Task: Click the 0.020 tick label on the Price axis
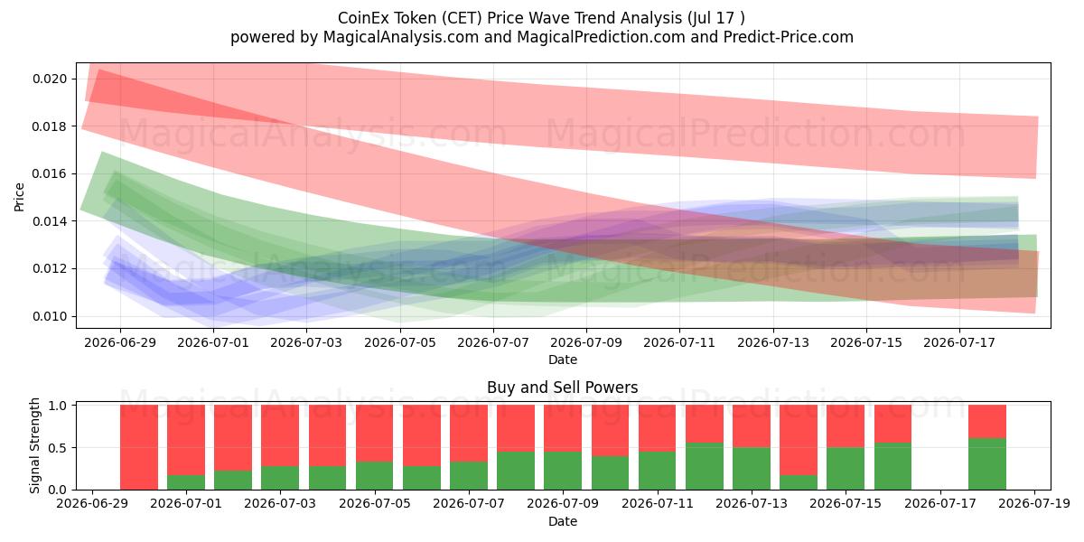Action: pos(50,79)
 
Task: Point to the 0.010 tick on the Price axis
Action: pos(50,316)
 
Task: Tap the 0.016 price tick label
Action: pos(50,173)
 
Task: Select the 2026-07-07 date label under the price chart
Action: pos(493,342)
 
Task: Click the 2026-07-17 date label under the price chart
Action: pos(959,342)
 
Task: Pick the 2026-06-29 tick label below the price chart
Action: pos(120,342)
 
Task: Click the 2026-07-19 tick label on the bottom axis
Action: pos(1034,504)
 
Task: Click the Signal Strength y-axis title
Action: pos(35,445)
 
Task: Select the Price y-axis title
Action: pos(19,197)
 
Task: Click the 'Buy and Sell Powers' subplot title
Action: pos(562,388)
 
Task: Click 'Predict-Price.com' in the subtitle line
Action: pos(789,37)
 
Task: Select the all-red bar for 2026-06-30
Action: pos(139,447)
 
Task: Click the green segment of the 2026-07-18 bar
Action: pos(987,464)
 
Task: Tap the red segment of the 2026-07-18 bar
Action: pos(987,422)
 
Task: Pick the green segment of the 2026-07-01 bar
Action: pos(186,482)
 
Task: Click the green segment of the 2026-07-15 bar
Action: pos(846,469)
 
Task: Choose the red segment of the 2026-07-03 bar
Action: pos(280,435)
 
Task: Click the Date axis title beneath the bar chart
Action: pos(562,521)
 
